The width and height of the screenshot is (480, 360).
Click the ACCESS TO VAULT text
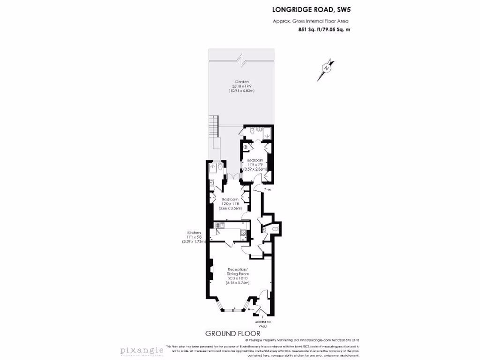coord(263,324)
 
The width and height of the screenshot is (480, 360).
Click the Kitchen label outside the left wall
coord(194,233)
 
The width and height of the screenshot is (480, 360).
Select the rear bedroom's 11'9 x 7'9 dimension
coord(257,165)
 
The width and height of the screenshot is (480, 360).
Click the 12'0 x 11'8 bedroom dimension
coord(231,204)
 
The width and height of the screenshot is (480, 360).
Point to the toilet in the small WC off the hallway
coord(264,229)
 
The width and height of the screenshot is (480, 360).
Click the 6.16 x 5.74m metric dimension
coord(237,283)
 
